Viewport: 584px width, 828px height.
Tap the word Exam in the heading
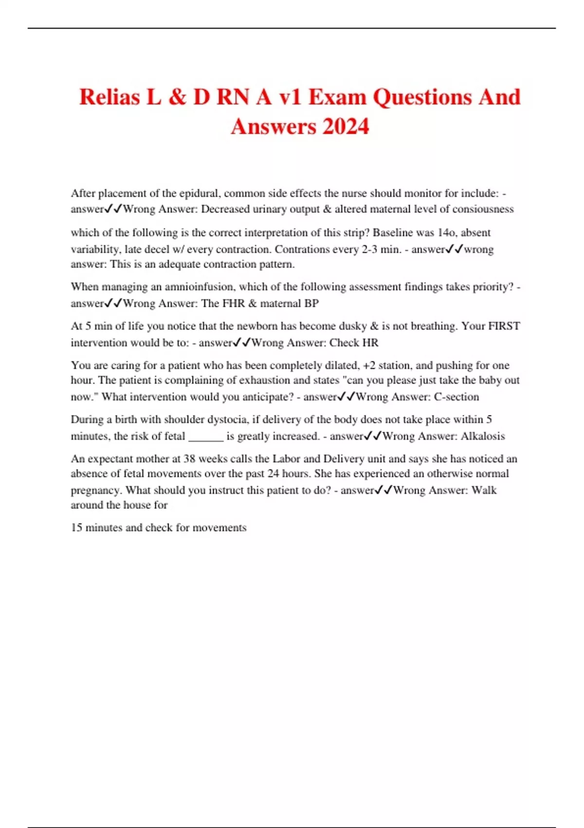click(x=337, y=97)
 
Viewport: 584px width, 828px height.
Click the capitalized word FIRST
click(x=504, y=326)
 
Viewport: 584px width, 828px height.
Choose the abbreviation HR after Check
click(x=370, y=343)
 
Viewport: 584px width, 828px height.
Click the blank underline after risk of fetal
click(x=206, y=436)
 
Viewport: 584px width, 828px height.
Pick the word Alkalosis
click(x=482, y=436)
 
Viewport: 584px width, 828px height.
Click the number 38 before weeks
click(x=189, y=459)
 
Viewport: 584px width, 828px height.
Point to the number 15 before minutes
click(x=76, y=527)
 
